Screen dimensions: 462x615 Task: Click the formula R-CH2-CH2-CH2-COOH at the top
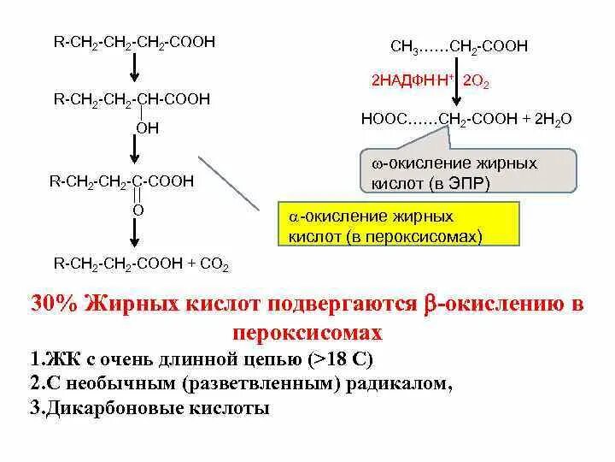[x=133, y=42]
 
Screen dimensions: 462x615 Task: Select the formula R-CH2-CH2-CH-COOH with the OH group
[x=132, y=99]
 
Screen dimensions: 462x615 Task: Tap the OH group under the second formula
[x=147, y=127]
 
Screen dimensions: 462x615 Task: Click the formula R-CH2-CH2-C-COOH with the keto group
[x=121, y=181]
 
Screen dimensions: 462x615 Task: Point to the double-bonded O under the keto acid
[x=138, y=209]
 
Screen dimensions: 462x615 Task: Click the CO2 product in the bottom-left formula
[x=214, y=264]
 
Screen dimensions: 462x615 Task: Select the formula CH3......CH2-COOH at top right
[x=460, y=45]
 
